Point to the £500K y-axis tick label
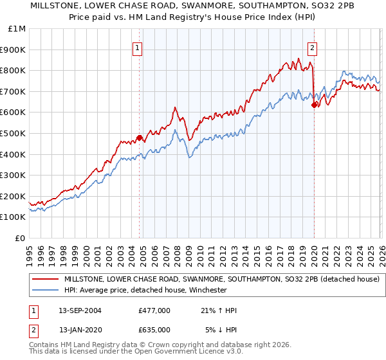tap(14, 133)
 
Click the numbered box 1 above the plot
tap(138, 47)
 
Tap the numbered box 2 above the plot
tap(312, 47)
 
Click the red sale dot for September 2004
tap(139, 138)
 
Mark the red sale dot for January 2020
tap(314, 105)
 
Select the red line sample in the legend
tap(45, 279)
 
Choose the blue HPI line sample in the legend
tap(45, 290)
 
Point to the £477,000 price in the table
tap(154, 310)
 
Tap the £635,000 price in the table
tap(154, 329)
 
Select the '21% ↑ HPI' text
tap(218, 310)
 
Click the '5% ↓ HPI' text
tap(221, 329)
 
